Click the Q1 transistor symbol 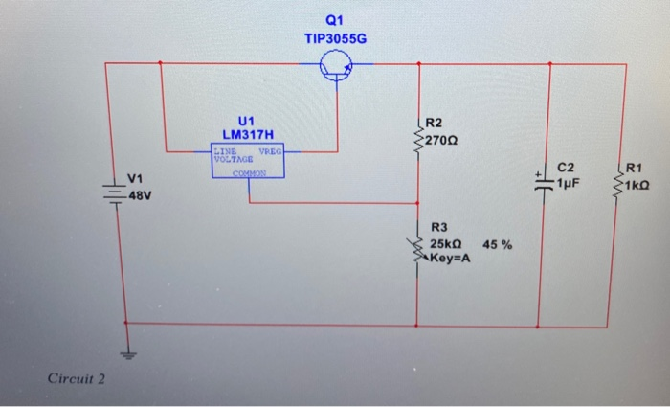point(336,65)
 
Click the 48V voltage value point(142,194)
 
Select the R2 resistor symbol point(417,140)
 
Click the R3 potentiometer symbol point(417,246)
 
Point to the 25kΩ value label point(445,244)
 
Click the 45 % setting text point(497,244)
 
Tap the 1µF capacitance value point(570,180)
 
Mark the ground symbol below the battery point(126,352)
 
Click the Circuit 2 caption point(77,379)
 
